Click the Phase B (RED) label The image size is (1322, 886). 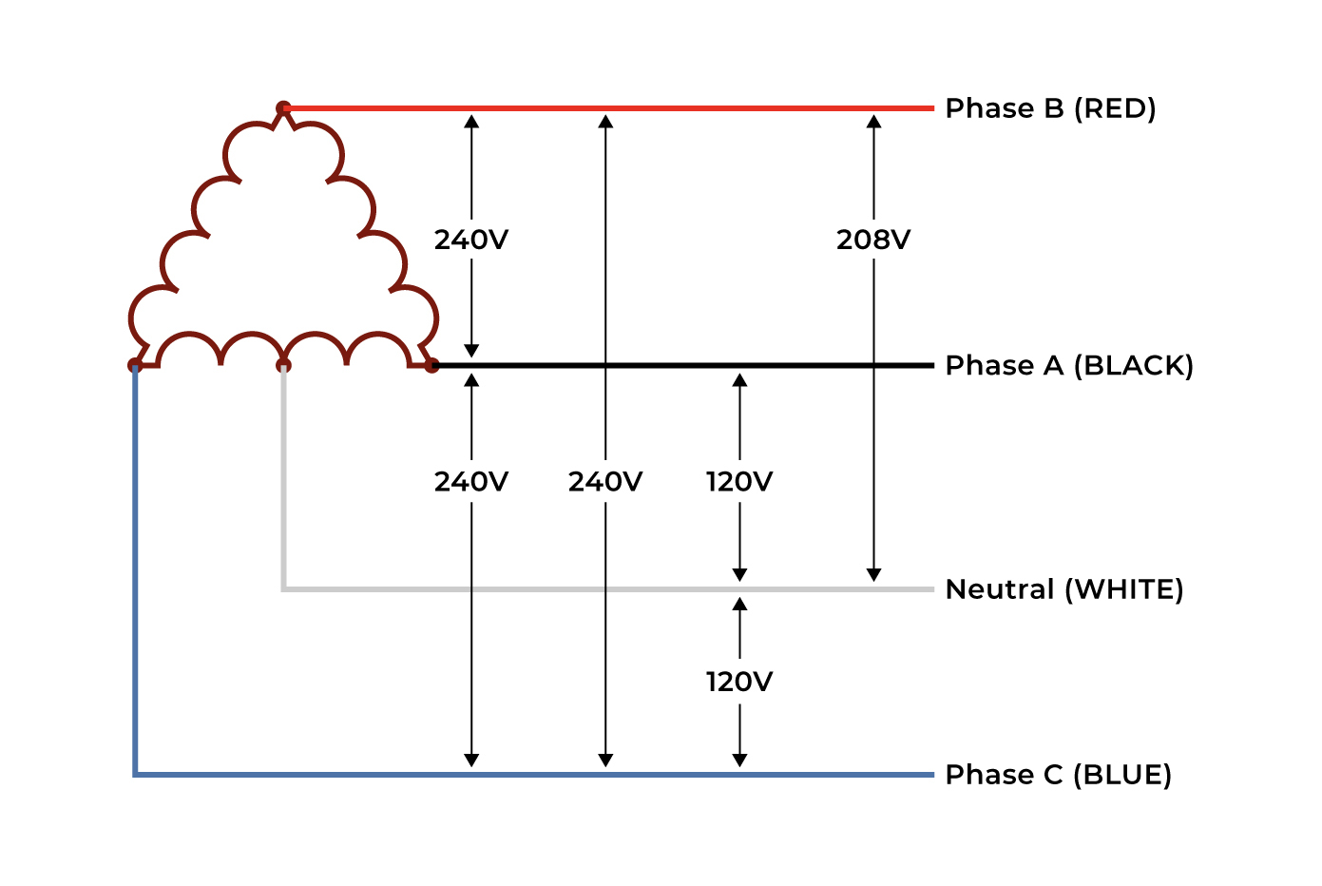click(x=1050, y=108)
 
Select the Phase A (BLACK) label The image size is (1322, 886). click(x=1068, y=365)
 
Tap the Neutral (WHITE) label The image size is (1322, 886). click(x=1064, y=589)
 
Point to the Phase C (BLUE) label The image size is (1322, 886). click(x=1058, y=775)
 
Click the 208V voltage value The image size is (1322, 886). click(x=873, y=240)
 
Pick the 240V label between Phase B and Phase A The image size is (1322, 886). click(x=471, y=240)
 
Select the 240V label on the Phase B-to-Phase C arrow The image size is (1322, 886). click(x=605, y=482)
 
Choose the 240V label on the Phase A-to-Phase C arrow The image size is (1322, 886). click(x=471, y=482)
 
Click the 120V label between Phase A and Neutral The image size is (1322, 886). click(x=739, y=482)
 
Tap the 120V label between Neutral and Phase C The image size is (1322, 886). click(x=739, y=682)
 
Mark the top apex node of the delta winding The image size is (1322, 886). click(x=283, y=107)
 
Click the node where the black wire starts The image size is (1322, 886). click(x=431, y=365)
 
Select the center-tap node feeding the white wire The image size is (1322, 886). click(x=283, y=365)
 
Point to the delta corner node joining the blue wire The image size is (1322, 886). click(x=135, y=365)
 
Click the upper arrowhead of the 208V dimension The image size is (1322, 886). click(x=873, y=122)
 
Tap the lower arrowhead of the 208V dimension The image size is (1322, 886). click(x=873, y=575)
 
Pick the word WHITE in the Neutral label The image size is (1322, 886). click(x=1124, y=589)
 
